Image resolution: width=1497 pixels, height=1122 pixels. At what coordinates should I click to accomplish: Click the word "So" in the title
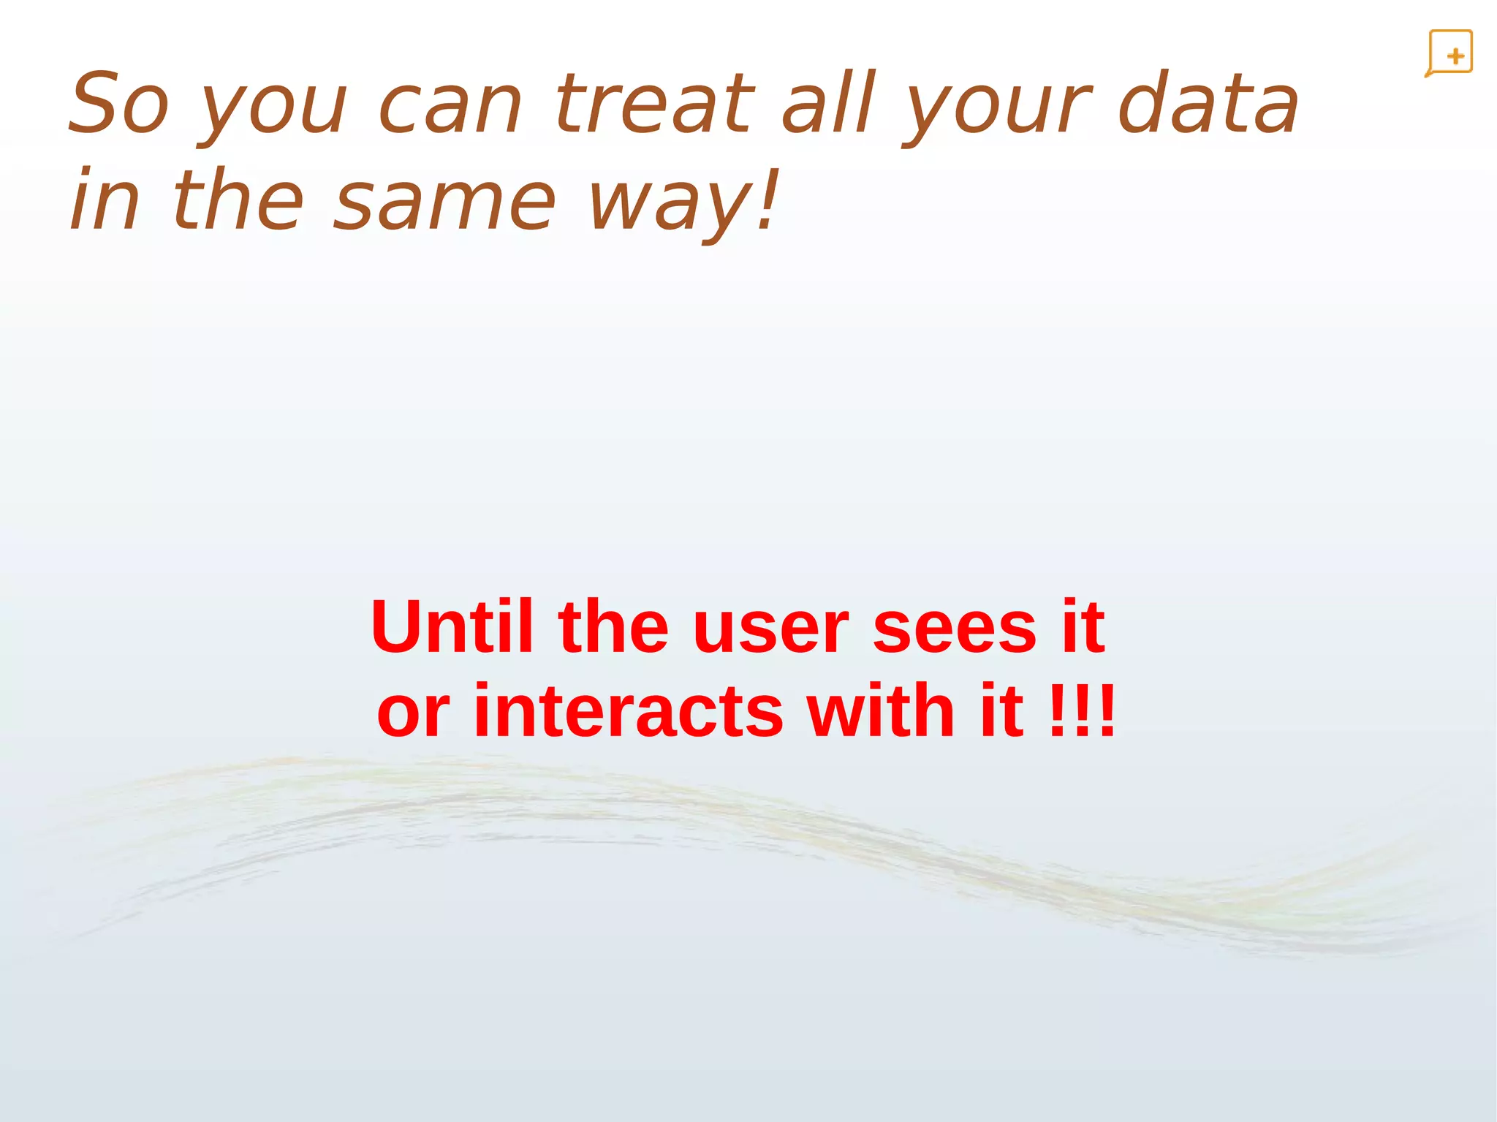pyautogui.click(x=119, y=104)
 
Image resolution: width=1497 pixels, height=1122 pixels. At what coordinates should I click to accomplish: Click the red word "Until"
pyautogui.click(x=452, y=626)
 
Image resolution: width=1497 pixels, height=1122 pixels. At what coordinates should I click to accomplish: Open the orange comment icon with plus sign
pyautogui.click(x=1449, y=53)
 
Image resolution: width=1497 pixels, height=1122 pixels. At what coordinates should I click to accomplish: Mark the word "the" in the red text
pyautogui.click(x=613, y=626)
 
